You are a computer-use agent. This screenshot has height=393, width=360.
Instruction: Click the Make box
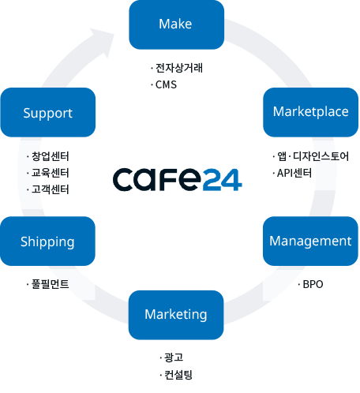(176, 24)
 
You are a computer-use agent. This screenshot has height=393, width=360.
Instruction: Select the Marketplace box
(310, 112)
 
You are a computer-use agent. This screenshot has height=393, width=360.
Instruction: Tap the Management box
(310, 241)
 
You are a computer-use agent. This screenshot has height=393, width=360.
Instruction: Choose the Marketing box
(176, 315)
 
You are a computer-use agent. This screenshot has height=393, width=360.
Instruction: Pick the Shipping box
(47, 241)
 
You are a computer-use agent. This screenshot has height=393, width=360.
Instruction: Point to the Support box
(48, 112)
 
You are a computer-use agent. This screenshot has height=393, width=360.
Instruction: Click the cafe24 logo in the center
(178, 179)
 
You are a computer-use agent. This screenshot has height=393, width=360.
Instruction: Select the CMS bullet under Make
(164, 84)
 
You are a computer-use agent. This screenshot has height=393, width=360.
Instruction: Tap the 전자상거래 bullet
(177, 68)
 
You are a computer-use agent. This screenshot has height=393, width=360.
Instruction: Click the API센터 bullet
(292, 173)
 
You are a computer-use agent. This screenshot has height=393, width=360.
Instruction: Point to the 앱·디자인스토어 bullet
(311, 156)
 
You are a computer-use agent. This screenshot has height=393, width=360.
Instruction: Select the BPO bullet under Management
(310, 284)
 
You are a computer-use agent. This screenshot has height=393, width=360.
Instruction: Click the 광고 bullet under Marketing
(171, 357)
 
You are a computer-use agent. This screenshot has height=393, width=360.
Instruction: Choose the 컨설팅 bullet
(176, 375)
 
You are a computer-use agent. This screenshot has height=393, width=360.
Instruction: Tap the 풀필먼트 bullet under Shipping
(48, 284)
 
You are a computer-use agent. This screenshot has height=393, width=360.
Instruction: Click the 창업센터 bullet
(48, 156)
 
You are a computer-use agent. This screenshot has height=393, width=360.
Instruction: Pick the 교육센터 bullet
(48, 173)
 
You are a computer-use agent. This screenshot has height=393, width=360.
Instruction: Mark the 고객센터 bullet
(48, 189)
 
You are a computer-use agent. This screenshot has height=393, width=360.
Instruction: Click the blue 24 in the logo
(223, 180)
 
